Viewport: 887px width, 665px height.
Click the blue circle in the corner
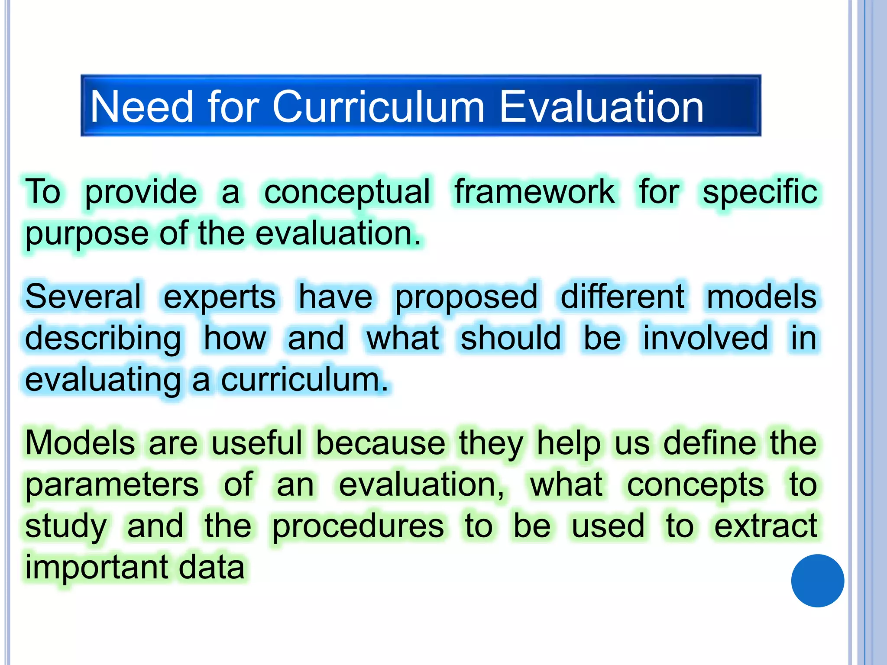(817, 581)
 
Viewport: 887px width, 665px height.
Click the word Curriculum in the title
(378, 107)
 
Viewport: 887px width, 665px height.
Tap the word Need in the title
(141, 107)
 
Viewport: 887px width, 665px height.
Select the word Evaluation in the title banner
(601, 107)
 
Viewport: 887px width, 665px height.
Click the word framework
(534, 191)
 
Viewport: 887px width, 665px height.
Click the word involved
(706, 338)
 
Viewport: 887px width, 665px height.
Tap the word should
(511, 338)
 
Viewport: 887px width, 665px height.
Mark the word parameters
(112, 485)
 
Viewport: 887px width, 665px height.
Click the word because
(380, 443)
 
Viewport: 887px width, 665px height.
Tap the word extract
(765, 526)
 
